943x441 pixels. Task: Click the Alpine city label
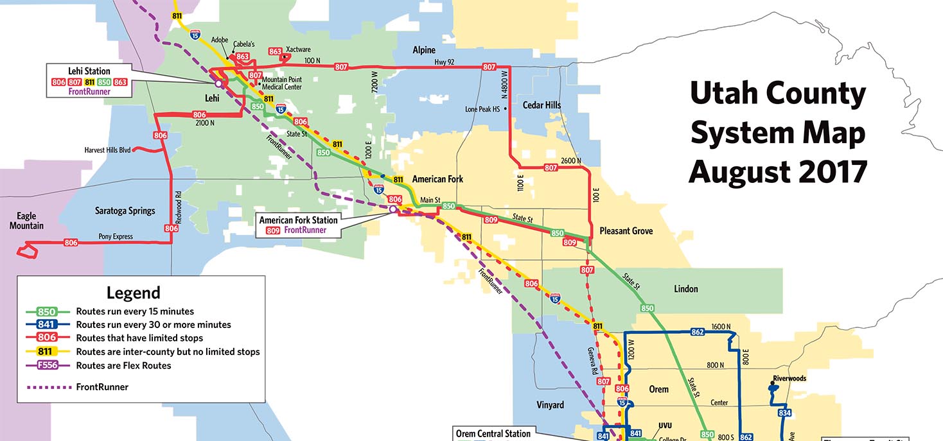click(424, 50)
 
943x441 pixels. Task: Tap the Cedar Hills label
click(542, 105)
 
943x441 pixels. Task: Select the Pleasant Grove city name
click(626, 230)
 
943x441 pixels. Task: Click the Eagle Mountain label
click(26, 221)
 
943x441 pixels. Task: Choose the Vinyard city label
click(550, 405)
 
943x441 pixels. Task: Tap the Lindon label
click(685, 289)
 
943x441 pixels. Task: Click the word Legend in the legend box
click(133, 293)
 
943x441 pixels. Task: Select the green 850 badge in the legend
click(47, 311)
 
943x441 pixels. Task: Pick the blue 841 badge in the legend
click(47, 325)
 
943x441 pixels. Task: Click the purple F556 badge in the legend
click(47, 365)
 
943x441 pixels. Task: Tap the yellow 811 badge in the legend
click(47, 352)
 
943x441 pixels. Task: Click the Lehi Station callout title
click(89, 71)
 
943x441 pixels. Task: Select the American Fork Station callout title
click(298, 220)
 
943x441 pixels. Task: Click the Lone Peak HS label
click(482, 109)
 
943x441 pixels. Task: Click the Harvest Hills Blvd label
click(107, 150)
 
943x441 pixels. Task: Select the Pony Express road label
click(115, 236)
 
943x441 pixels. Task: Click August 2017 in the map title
click(778, 171)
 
